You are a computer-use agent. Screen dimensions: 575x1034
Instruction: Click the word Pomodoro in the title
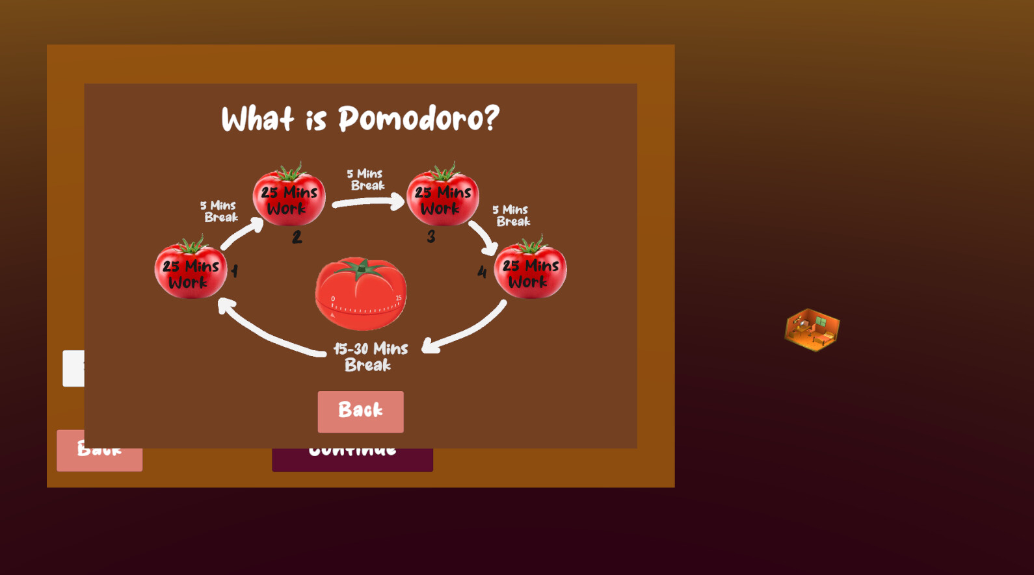pyautogui.click(x=418, y=119)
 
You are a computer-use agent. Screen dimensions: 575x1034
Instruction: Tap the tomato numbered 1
pyautogui.click(x=191, y=270)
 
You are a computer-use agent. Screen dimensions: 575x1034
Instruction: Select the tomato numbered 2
pyautogui.click(x=289, y=197)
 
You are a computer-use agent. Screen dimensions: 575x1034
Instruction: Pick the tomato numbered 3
pyautogui.click(x=443, y=197)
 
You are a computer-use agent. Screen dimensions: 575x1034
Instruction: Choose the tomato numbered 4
pyautogui.click(x=531, y=270)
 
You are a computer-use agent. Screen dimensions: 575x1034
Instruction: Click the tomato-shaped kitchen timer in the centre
pyautogui.click(x=361, y=296)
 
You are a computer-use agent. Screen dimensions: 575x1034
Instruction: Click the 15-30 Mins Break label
pyautogui.click(x=370, y=357)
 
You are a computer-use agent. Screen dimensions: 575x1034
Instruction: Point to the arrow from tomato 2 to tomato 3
pyautogui.click(x=368, y=203)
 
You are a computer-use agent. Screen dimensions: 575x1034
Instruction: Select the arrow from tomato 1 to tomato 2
pyautogui.click(x=242, y=235)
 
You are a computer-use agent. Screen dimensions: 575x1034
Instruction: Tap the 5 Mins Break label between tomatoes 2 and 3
pyautogui.click(x=365, y=179)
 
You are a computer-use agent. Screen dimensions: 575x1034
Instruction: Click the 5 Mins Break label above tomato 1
pyautogui.click(x=219, y=211)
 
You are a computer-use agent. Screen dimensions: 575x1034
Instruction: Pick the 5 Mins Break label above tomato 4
pyautogui.click(x=512, y=215)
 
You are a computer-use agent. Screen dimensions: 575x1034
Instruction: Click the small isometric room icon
pyautogui.click(x=812, y=329)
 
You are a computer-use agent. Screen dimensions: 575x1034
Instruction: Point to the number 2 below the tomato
pyautogui.click(x=297, y=237)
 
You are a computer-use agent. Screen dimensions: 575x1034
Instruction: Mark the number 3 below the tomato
pyautogui.click(x=431, y=236)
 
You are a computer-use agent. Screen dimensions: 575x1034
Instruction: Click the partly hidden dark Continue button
pyautogui.click(x=352, y=459)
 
